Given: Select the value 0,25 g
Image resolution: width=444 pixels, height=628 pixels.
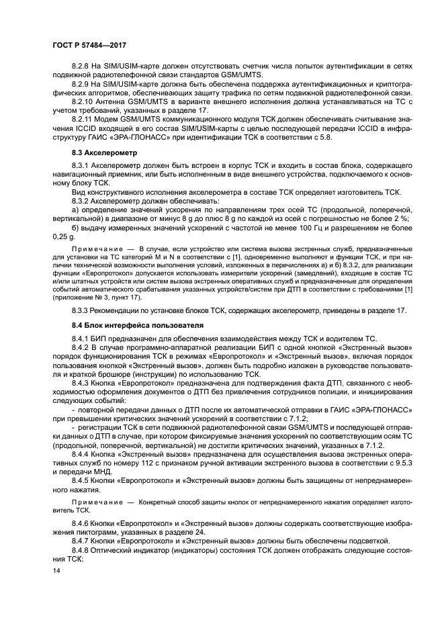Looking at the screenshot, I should (x=64, y=237).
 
